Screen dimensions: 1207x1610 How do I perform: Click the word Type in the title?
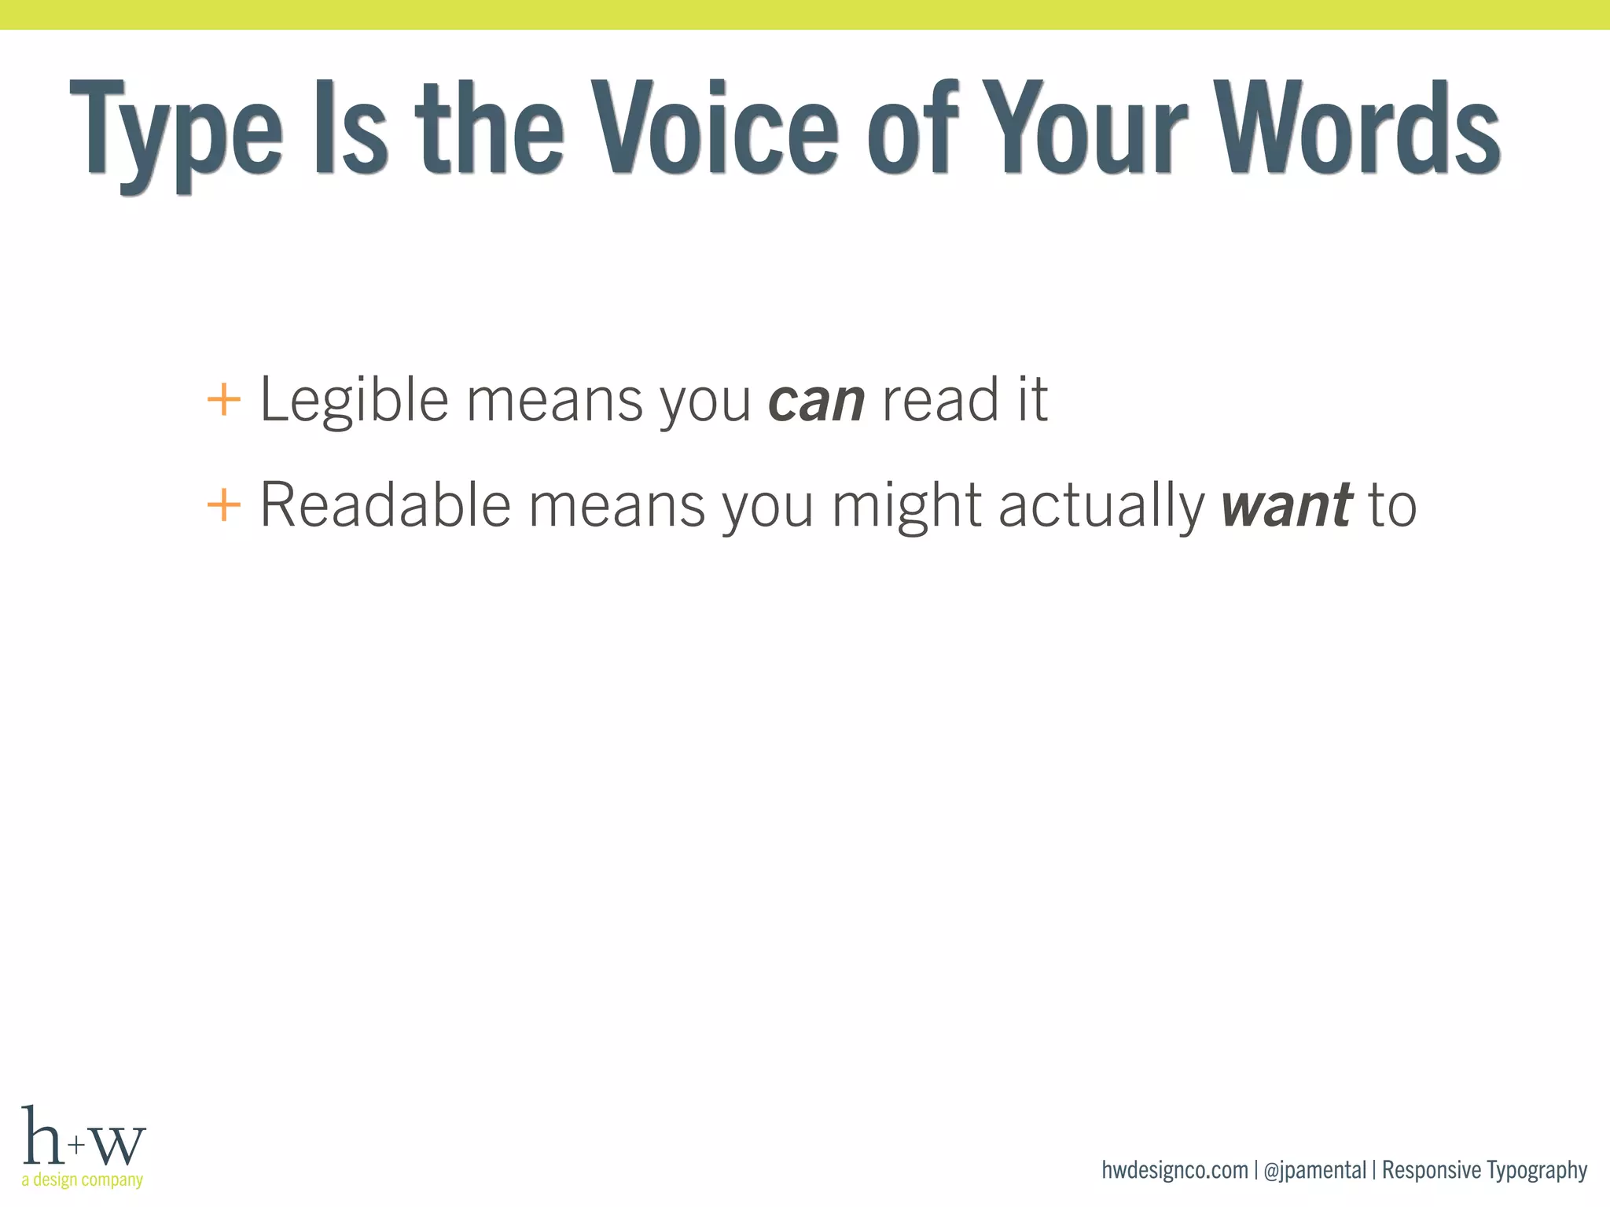pos(176,130)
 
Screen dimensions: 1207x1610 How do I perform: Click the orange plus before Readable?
pos(223,504)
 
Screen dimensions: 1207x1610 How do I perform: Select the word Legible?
pos(354,401)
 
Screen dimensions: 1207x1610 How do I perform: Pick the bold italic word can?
pos(816,401)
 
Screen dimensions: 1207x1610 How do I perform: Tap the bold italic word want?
pos(1286,505)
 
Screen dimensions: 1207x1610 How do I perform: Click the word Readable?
pos(385,504)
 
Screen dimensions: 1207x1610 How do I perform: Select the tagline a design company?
pos(83,1179)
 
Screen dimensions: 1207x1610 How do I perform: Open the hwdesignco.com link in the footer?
pos(1174,1170)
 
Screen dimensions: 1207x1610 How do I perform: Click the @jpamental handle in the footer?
pos(1314,1171)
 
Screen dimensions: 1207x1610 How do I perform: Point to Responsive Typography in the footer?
pos(1484,1171)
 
